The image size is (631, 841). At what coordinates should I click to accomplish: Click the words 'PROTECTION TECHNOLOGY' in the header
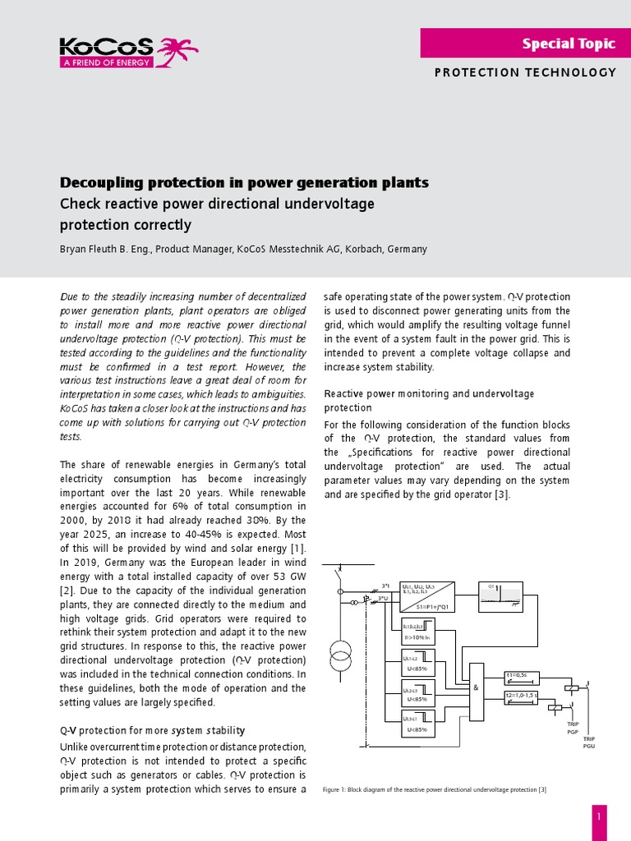[525, 72]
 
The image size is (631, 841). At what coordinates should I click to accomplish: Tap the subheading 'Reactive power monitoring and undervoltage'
[429, 393]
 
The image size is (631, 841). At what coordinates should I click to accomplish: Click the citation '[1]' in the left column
[297, 547]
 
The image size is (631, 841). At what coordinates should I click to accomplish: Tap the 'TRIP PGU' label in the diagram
[589, 742]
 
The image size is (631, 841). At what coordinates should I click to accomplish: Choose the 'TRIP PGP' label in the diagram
[573, 728]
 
